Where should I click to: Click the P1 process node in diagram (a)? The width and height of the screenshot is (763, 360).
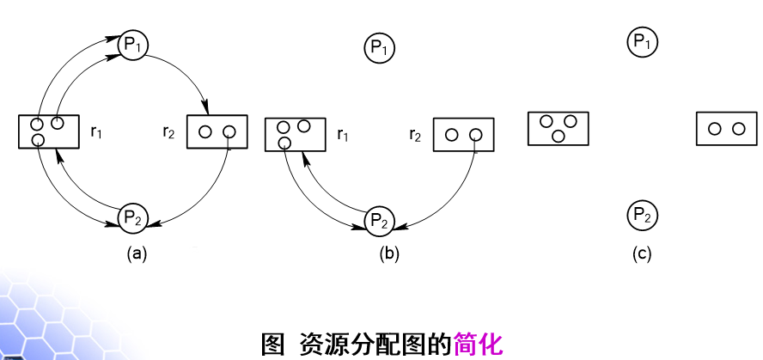pyautogui.click(x=132, y=44)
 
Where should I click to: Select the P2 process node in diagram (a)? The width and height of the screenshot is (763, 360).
pyautogui.click(x=132, y=215)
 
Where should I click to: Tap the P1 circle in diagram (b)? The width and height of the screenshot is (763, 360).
pyautogui.click(x=379, y=47)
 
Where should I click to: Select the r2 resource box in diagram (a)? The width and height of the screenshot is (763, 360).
pyautogui.click(x=217, y=131)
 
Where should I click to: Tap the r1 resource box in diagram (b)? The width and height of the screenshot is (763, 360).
pyautogui.click(x=295, y=134)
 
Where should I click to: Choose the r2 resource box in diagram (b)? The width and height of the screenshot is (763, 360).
pyautogui.click(x=464, y=134)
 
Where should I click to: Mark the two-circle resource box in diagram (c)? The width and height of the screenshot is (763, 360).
pyautogui.click(x=727, y=129)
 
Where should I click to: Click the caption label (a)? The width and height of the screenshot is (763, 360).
pyautogui.click(x=136, y=253)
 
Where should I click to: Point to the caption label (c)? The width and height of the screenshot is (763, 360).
pyautogui.click(x=643, y=253)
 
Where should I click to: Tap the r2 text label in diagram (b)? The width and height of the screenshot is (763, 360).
pyautogui.click(x=415, y=135)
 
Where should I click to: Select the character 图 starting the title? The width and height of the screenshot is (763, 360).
pyautogui.click(x=272, y=345)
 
